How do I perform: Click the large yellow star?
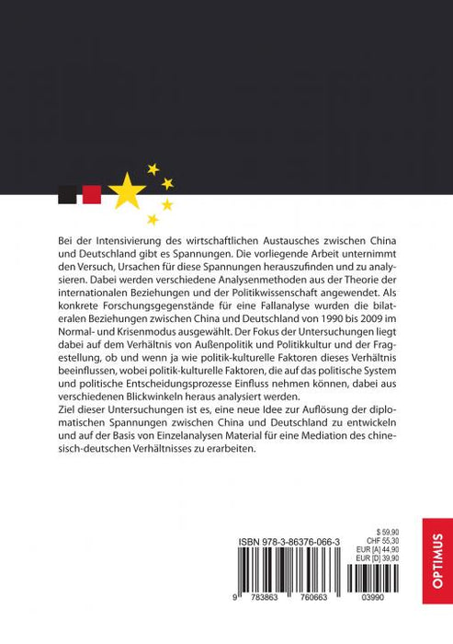[128, 191]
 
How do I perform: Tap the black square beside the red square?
[67, 194]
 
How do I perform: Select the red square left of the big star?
[91, 194]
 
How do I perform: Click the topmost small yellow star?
[153, 168]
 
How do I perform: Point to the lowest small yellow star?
[153, 220]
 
